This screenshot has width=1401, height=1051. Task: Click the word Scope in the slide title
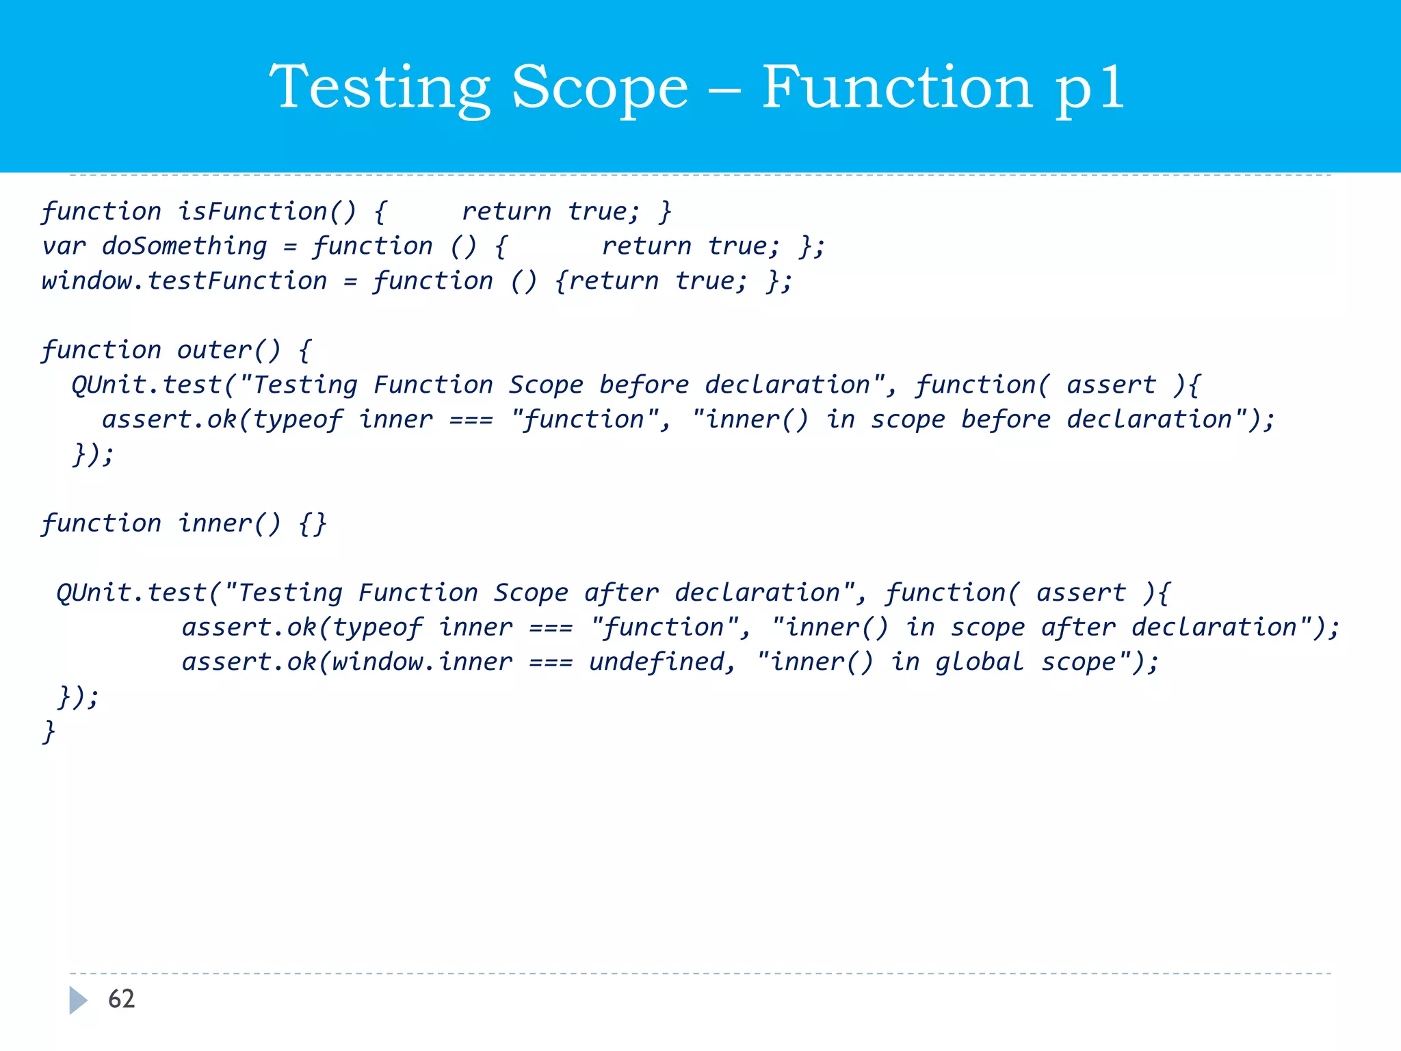(x=600, y=88)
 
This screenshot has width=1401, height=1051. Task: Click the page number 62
(x=122, y=999)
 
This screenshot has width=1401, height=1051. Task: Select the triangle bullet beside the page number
(x=78, y=1000)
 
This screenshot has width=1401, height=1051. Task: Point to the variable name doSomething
(x=184, y=246)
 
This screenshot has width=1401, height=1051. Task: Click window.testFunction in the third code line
(x=184, y=281)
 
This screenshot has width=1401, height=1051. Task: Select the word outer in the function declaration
(x=214, y=350)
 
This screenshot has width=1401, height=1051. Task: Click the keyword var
(x=64, y=246)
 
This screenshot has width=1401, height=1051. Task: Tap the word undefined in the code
(x=662, y=662)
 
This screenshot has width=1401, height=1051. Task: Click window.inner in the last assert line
(x=422, y=662)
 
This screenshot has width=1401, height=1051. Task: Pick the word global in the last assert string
(x=979, y=662)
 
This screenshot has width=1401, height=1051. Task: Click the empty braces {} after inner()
(x=313, y=523)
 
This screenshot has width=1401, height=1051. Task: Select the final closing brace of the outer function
(x=49, y=731)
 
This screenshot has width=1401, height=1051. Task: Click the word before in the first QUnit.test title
(x=644, y=385)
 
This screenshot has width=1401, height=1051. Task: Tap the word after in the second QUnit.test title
(x=621, y=593)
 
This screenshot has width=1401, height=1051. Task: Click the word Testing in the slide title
(x=380, y=88)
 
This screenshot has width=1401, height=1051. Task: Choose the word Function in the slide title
(x=897, y=88)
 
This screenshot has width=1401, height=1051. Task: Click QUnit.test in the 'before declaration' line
(x=147, y=385)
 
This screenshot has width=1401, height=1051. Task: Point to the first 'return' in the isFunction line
(x=506, y=211)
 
